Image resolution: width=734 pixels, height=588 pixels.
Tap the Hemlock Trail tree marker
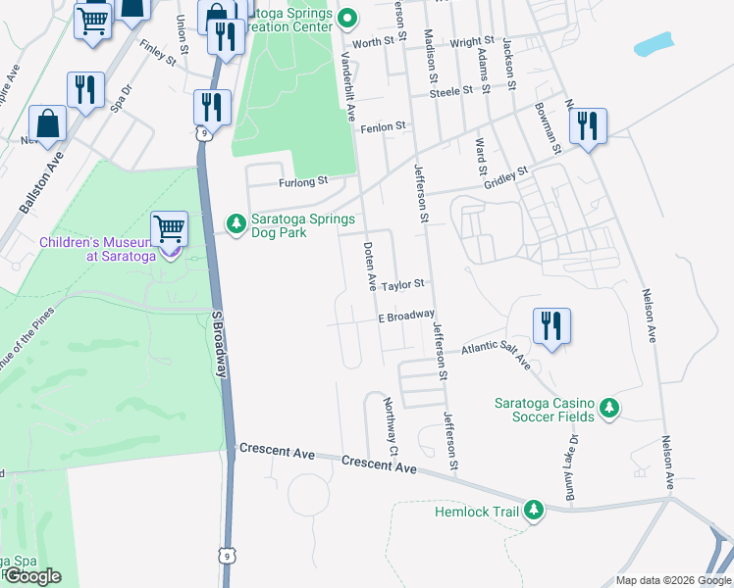[x=533, y=510]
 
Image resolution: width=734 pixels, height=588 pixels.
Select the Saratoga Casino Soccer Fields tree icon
[x=608, y=407]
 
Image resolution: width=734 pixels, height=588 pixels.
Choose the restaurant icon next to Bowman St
[x=589, y=126]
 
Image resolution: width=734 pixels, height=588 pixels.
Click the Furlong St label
[x=301, y=181]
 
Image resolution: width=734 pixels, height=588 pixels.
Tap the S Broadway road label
[x=221, y=343]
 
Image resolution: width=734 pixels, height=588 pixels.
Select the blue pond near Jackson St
[x=654, y=44]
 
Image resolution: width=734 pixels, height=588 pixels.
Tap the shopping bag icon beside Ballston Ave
[x=47, y=123]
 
